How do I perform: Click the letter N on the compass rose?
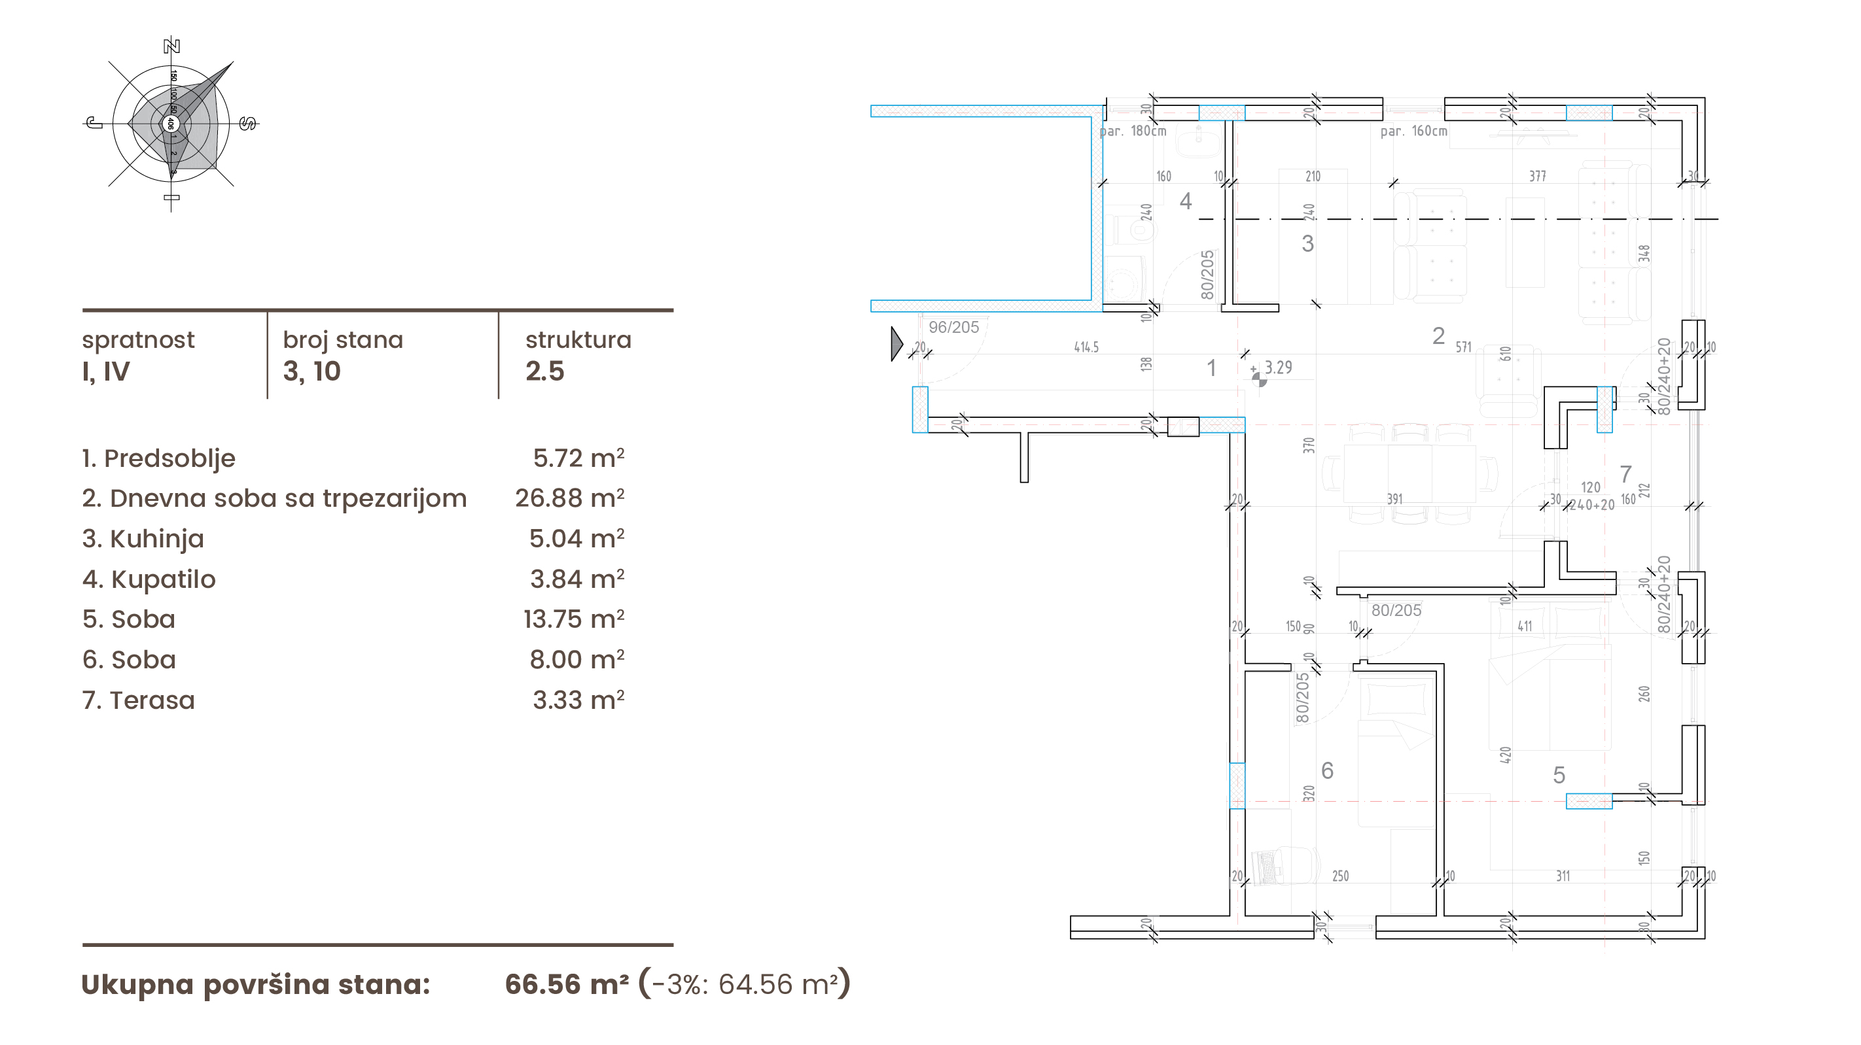point(171,46)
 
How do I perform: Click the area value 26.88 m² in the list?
point(569,498)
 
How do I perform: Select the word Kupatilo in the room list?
point(164,579)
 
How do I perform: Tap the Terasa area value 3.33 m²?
point(578,700)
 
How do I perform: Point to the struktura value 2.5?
point(544,371)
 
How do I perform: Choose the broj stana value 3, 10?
point(311,371)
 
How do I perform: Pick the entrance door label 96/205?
point(953,327)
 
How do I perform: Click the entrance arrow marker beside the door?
point(896,343)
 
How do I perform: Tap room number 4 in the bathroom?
point(1186,201)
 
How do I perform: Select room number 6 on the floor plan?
point(1327,770)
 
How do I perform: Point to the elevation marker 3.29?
point(1277,368)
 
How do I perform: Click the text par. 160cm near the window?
point(1414,131)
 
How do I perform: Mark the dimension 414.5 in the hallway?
point(1086,347)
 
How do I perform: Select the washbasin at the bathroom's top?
point(1197,141)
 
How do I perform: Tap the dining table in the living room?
point(1409,473)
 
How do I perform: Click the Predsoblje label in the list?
point(169,458)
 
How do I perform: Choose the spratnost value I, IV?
point(106,371)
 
